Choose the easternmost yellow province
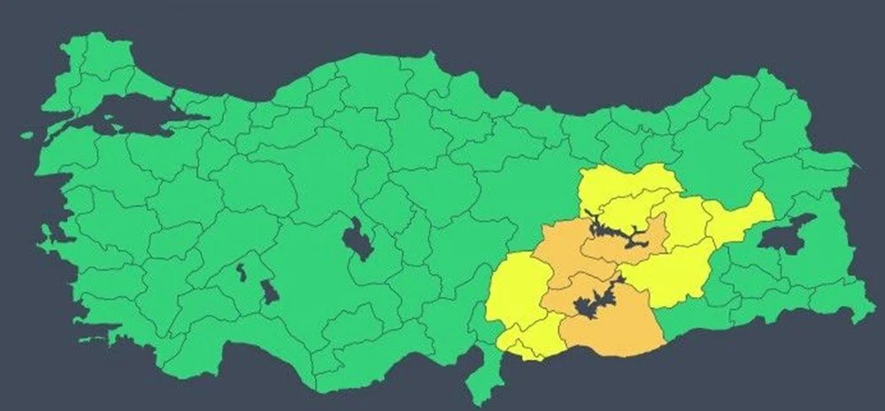click(739, 217)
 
